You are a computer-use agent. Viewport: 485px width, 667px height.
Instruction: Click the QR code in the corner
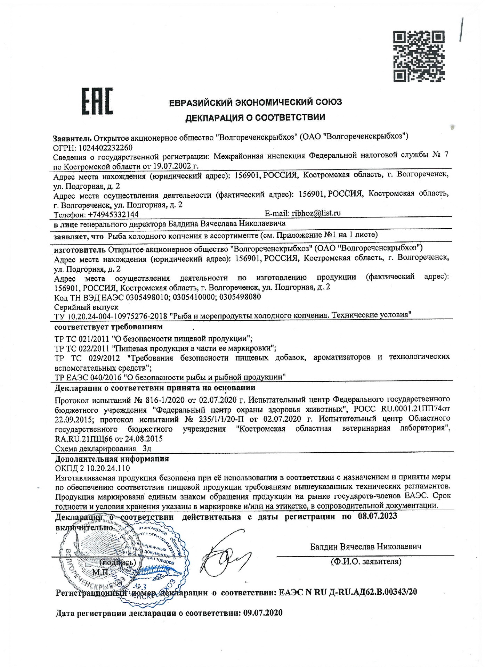click(419, 56)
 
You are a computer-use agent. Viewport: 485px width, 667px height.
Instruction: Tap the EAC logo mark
click(97, 101)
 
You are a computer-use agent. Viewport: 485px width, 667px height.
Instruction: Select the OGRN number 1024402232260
click(106, 148)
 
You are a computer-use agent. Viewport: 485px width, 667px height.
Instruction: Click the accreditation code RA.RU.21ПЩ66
click(84, 439)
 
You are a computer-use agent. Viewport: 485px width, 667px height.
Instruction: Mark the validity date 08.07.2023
click(377, 516)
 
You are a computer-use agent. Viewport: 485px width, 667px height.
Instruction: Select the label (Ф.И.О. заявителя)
click(366, 561)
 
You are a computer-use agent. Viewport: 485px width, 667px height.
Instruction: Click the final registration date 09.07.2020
click(263, 613)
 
